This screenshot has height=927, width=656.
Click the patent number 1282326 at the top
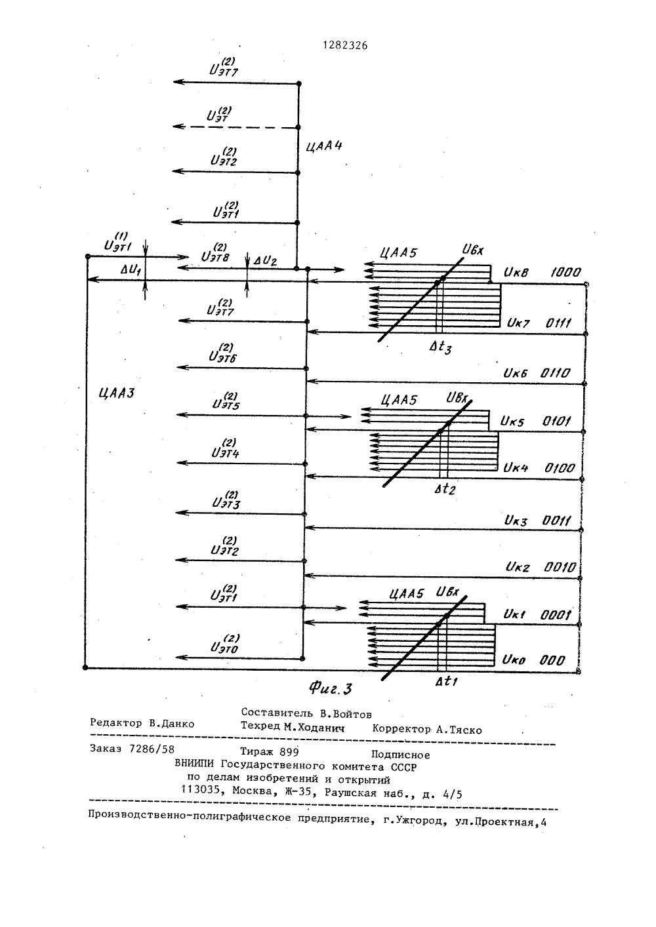point(345,45)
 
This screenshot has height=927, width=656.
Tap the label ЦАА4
point(324,146)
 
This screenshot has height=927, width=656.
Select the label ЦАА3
point(117,392)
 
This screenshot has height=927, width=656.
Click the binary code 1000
point(565,272)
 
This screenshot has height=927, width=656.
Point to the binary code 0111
point(558,323)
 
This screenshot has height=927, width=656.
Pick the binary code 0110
point(555,373)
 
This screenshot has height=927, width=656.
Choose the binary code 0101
point(556,422)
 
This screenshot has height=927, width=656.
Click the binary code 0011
point(556,521)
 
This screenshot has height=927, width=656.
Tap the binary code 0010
point(560,567)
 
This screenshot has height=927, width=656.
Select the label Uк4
point(516,468)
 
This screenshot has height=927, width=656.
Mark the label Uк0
point(514,660)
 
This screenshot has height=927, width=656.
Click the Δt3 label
point(440,347)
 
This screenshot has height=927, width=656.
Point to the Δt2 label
point(445,489)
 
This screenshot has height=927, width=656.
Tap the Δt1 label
point(446,680)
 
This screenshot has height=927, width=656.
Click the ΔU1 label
point(131,270)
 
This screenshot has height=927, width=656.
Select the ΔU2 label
point(264,261)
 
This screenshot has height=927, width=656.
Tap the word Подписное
point(400,755)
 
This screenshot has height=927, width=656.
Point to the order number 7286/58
point(152,749)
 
